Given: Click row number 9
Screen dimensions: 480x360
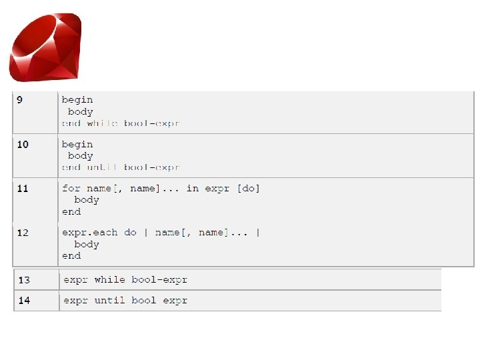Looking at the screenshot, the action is click(19, 100).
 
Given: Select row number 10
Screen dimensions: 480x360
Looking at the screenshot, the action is click(23, 145).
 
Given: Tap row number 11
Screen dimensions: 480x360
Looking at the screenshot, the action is click(23, 189).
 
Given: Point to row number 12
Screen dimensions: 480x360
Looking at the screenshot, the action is click(23, 233).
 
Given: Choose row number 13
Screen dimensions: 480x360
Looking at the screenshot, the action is click(24, 280).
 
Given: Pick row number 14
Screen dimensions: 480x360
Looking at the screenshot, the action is click(24, 301).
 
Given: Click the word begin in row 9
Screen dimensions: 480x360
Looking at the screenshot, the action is click(77, 100).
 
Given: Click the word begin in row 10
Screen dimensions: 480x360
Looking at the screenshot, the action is click(77, 145).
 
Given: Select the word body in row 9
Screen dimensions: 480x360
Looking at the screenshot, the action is click(81, 112).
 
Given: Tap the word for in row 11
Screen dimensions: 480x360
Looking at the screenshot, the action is click(71, 189).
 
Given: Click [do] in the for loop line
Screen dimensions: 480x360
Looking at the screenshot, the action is click(249, 189).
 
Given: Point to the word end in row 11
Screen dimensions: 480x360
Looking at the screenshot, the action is click(71, 212).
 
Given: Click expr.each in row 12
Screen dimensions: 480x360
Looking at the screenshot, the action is click(90, 233).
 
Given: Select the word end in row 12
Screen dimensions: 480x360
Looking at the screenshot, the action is click(71, 256).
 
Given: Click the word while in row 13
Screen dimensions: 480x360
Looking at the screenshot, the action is click(109, 280).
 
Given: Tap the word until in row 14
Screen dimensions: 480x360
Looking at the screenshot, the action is click(109, 301).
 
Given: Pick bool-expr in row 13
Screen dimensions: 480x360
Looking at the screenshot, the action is click(159, 280).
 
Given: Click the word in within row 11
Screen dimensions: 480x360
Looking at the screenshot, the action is click(193, 189).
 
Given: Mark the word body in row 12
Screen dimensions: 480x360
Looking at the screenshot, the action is click(87, 245).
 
